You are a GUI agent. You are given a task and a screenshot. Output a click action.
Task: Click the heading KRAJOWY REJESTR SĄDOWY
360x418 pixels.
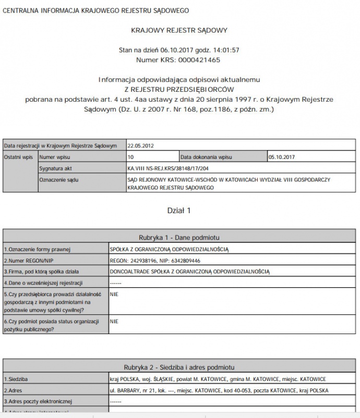179,30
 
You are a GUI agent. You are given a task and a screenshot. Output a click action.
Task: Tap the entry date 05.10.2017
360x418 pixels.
281,156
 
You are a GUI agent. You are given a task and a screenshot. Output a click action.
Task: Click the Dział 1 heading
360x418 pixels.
179,211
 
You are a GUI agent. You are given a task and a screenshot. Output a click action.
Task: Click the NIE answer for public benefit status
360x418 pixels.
114,322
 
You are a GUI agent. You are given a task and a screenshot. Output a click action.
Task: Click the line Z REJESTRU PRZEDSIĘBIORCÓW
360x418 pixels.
179,89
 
